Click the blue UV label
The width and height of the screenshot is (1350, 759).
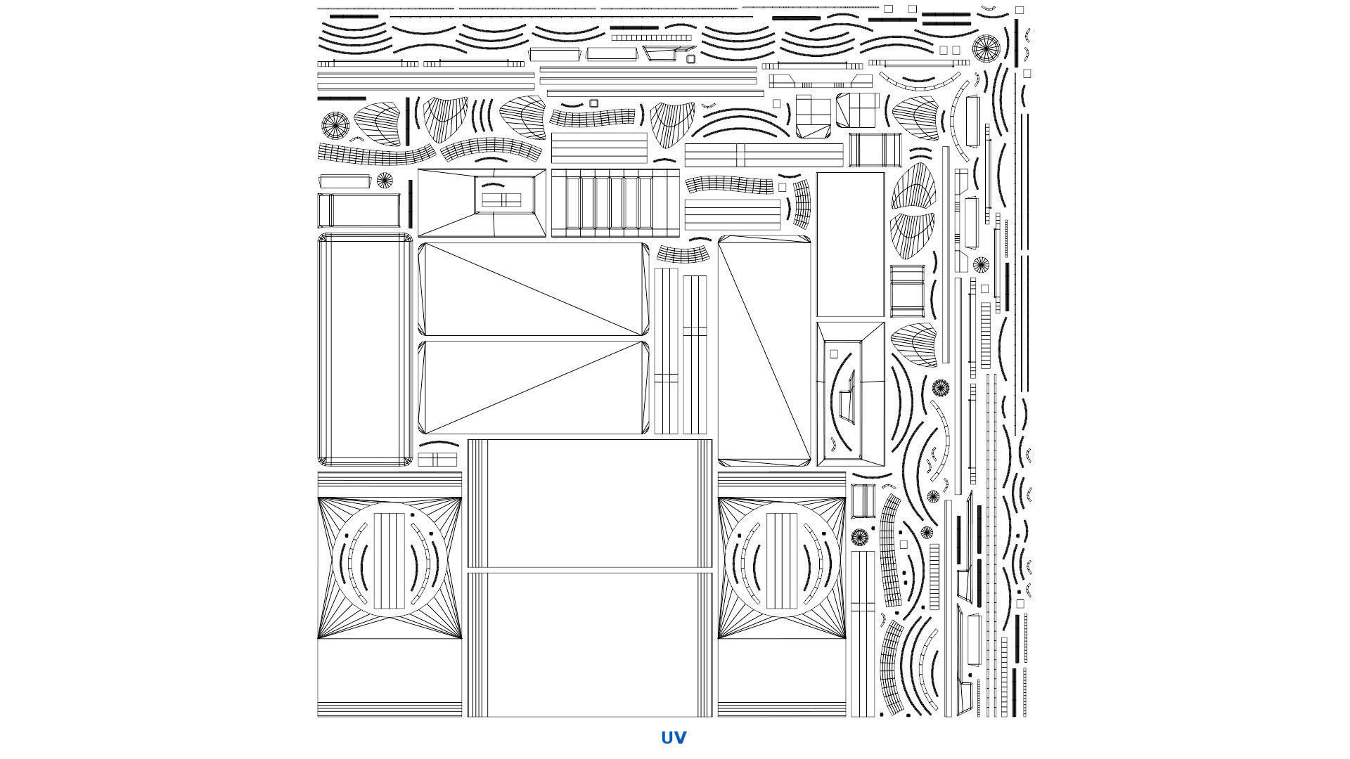point(674,737)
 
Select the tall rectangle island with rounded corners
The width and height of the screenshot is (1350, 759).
point(365,349)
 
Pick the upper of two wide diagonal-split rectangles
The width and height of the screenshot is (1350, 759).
point(534,290)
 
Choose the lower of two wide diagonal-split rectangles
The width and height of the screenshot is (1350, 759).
point(534,388)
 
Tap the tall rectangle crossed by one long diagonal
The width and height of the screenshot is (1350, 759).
point(764,351)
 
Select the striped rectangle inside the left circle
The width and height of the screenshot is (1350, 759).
point(389,561)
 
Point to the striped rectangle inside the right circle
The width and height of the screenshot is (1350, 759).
point(781,561)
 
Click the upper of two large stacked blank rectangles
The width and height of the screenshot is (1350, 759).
point(591,503)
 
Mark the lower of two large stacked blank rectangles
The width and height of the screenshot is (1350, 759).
point(591,644)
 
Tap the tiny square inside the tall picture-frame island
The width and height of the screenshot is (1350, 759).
point(834,354)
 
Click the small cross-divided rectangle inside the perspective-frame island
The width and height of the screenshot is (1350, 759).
point(501,201)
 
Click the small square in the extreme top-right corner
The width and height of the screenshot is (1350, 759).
point(1020,10)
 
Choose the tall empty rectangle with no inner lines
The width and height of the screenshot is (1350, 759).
point(850,244)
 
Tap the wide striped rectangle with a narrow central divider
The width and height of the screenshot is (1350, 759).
point(764,155)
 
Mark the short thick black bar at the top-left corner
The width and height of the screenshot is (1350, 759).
point(354,15)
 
